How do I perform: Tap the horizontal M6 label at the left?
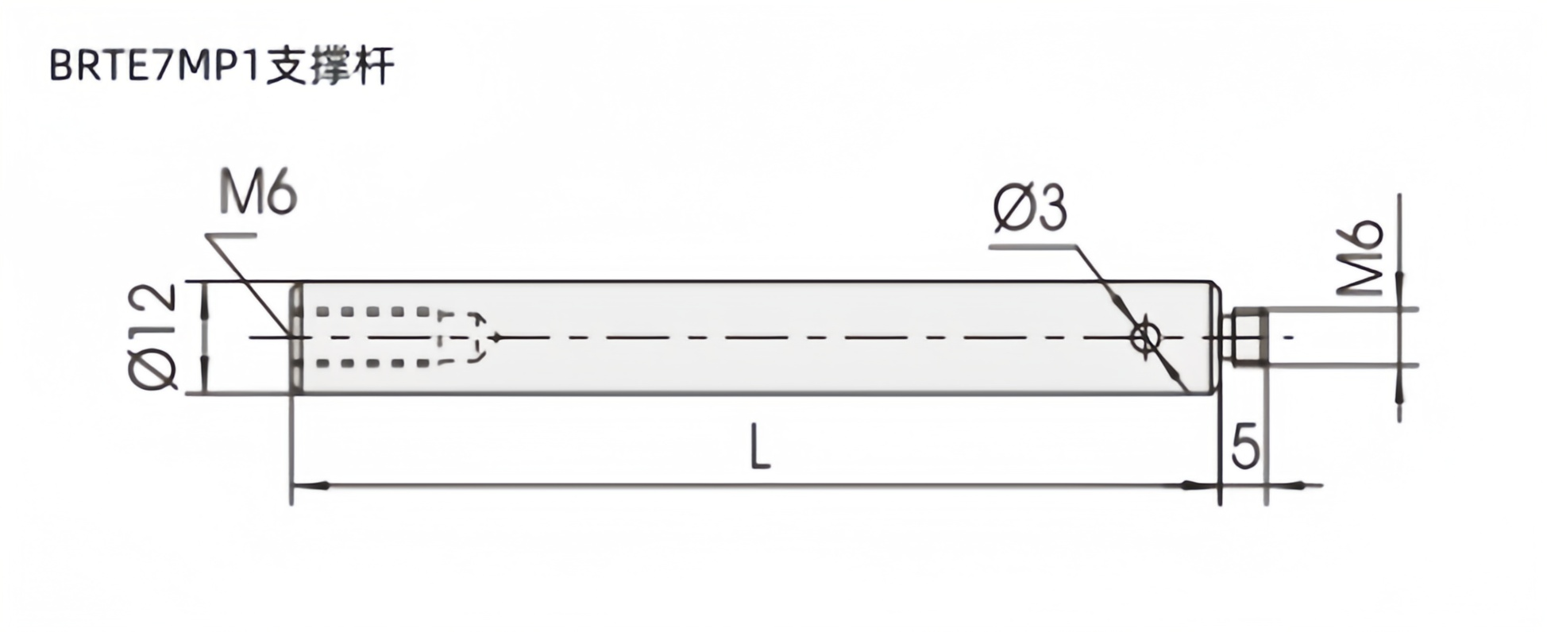[x=257, y=195]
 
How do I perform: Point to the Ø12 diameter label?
[x=152, y=337]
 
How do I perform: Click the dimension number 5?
[x=1244, y=447]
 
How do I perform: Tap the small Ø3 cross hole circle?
[x=1145, y=337]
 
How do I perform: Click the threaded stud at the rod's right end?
[x=1244, y=337]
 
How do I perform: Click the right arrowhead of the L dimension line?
[x=1201, y=484]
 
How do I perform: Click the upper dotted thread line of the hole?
[x=373, y=312]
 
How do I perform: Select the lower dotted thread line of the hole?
[x=373, y=364]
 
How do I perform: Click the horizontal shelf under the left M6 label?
[x=231, y=236]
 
